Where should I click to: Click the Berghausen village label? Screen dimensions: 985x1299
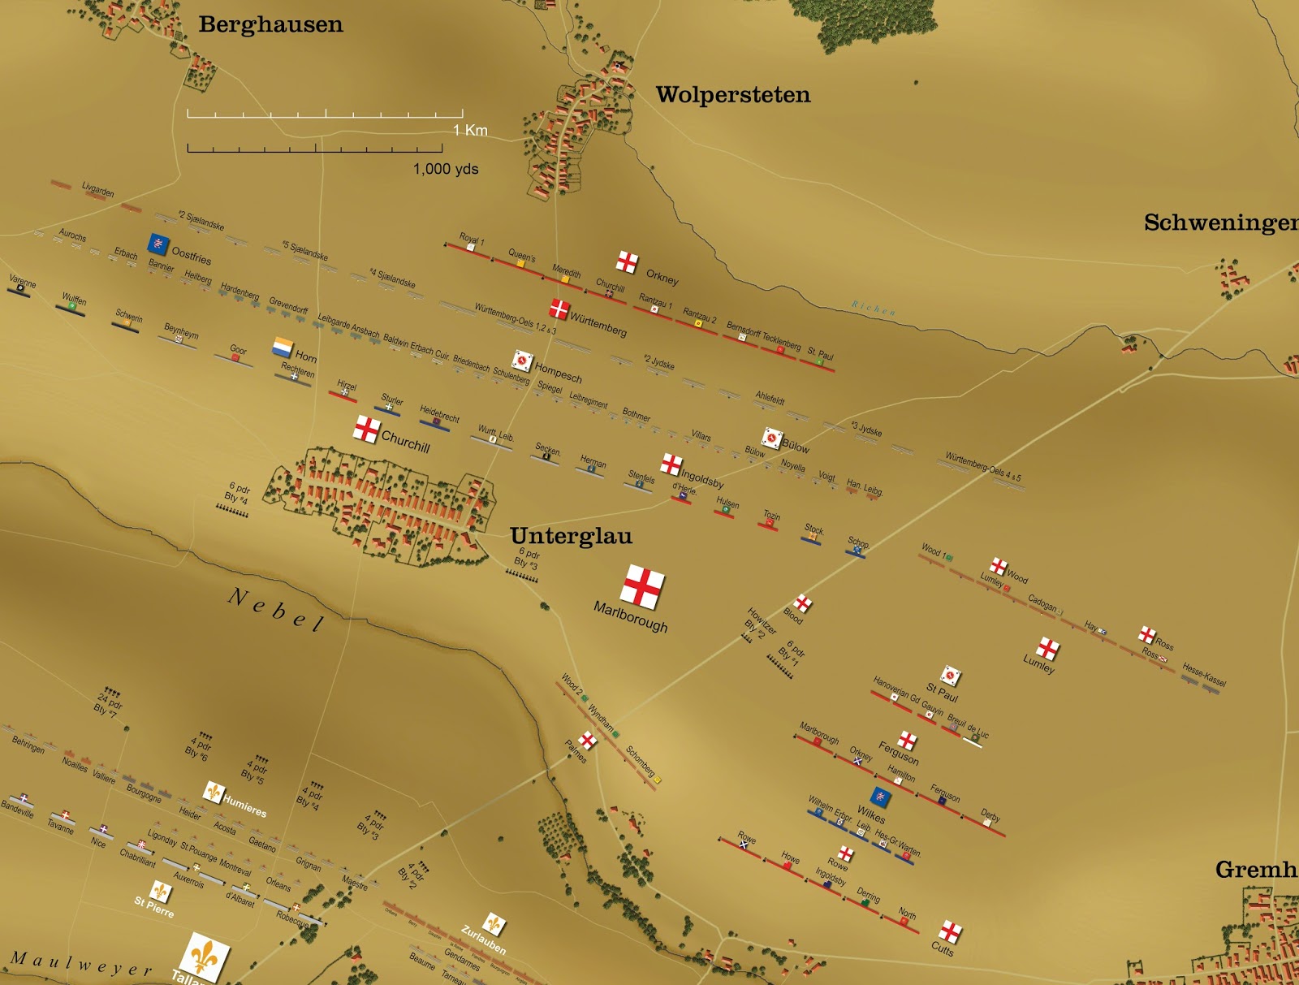click(x=270, y=24)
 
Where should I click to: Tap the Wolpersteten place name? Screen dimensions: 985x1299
click(x=732, y=95)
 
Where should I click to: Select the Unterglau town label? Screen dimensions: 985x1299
click(x=571, y=536)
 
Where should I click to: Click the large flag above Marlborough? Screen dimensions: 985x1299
click(x=643, y=586)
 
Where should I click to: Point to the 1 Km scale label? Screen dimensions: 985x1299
click(x=470, y=130)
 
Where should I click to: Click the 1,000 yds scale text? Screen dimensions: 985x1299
click(x=446, y=169)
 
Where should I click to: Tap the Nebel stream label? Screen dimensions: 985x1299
click(x=277, y=610)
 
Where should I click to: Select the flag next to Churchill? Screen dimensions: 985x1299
click(x=367, y=429)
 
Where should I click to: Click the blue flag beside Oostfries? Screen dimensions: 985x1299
click(x=158, y=244)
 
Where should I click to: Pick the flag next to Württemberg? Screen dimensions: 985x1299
click(x=559, y=309)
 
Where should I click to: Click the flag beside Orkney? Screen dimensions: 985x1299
click(x=627, y=261)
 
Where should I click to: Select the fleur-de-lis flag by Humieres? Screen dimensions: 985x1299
click(x=214, y=791)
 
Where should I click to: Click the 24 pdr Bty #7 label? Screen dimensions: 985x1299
click(x=108, y=703)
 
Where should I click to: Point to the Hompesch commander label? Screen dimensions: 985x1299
click(x=558, y=373)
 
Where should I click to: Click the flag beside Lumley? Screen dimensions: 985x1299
click(x=1048, y=648)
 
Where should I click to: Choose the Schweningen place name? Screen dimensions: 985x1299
click(x=1220, y=222)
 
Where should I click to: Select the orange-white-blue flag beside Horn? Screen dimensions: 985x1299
click(x=283, y=348)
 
